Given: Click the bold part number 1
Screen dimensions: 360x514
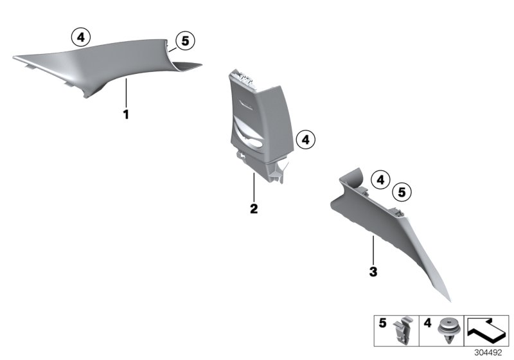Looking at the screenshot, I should click(127, 115).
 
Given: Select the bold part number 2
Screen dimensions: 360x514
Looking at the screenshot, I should click(254, 209).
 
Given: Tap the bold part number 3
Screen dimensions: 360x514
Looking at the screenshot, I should click(373, 271).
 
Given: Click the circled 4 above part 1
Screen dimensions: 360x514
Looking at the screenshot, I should click(80, 38).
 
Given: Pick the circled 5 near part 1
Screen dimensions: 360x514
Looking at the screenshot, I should click(185, 41).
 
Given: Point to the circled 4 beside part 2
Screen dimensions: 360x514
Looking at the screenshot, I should click(306, 138).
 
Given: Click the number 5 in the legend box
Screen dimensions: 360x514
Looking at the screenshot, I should click(382, 324).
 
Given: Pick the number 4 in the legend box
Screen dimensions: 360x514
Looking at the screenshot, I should click(427, 324).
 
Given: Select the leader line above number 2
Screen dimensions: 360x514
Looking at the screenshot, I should click(254, 186).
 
